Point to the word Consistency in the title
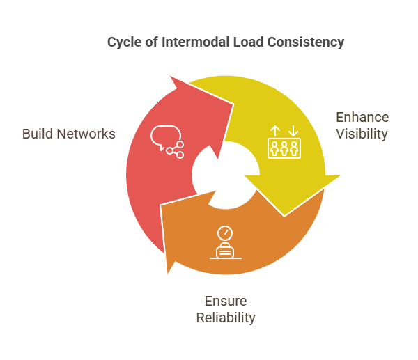click(x=305, y=42)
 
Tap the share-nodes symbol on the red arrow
click(x=175, y=148)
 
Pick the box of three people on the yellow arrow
click(x=284, y=148)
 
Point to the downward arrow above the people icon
click(x=293, y=130)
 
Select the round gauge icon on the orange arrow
click(x=224, y=233)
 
